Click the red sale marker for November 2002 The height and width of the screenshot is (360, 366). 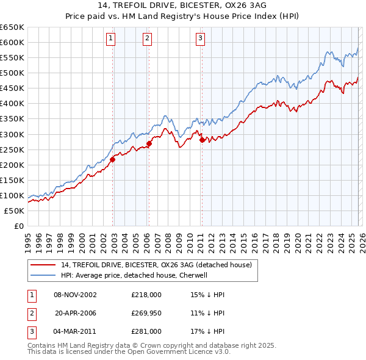tap(113, 160)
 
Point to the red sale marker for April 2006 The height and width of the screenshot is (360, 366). tap(149, 143)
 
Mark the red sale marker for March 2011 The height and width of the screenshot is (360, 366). tap(202, 140)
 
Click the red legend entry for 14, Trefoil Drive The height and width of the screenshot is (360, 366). tap(160, 265)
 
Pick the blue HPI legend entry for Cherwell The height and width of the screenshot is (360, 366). tap(143, 275)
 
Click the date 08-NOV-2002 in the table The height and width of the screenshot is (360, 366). tap(75, 295)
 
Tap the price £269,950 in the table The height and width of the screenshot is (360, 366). tap(146, 313)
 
